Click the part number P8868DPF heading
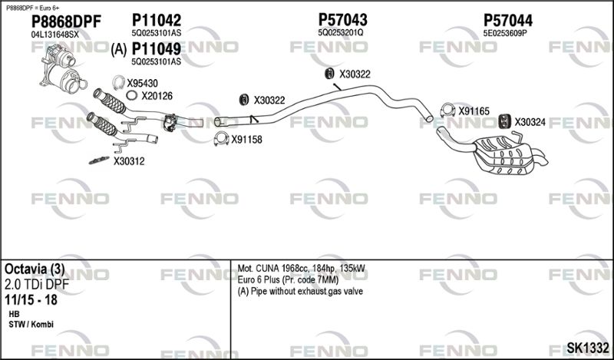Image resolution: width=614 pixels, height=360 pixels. [x=66, y=22]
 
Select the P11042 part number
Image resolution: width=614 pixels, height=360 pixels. [x=157, y=20]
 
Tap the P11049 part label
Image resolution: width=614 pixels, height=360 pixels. [x=157, y=49]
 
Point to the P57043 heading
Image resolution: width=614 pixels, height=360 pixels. [x=342, y=20]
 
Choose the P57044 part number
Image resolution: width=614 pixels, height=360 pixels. [x=508, y=21]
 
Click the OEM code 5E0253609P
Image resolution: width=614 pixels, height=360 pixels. [x=506, y=34]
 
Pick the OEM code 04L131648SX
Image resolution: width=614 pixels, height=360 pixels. [x=54, y=35]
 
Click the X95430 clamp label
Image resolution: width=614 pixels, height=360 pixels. [x=142, y=83]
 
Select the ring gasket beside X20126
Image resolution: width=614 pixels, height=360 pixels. [x=131, y=95]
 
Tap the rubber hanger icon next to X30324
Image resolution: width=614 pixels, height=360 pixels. [x=505, y=121]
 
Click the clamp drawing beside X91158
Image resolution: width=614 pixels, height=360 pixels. [x=221, y=139]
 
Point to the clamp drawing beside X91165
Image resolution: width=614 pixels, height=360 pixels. [x=447, y=110]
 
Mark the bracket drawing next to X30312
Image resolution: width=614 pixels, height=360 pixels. [x=99, y=160]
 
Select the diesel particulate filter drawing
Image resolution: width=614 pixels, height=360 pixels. [x=64, y=68]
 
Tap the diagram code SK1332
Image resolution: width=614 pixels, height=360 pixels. [x=587, y=348]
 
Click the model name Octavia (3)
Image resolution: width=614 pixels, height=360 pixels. [x=35, y=269]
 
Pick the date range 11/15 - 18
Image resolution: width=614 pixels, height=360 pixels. [x=31, y=300]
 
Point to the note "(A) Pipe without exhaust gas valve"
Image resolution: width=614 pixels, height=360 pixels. [x=300, y=291]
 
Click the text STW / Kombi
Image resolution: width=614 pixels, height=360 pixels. [x=31, y=325]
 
